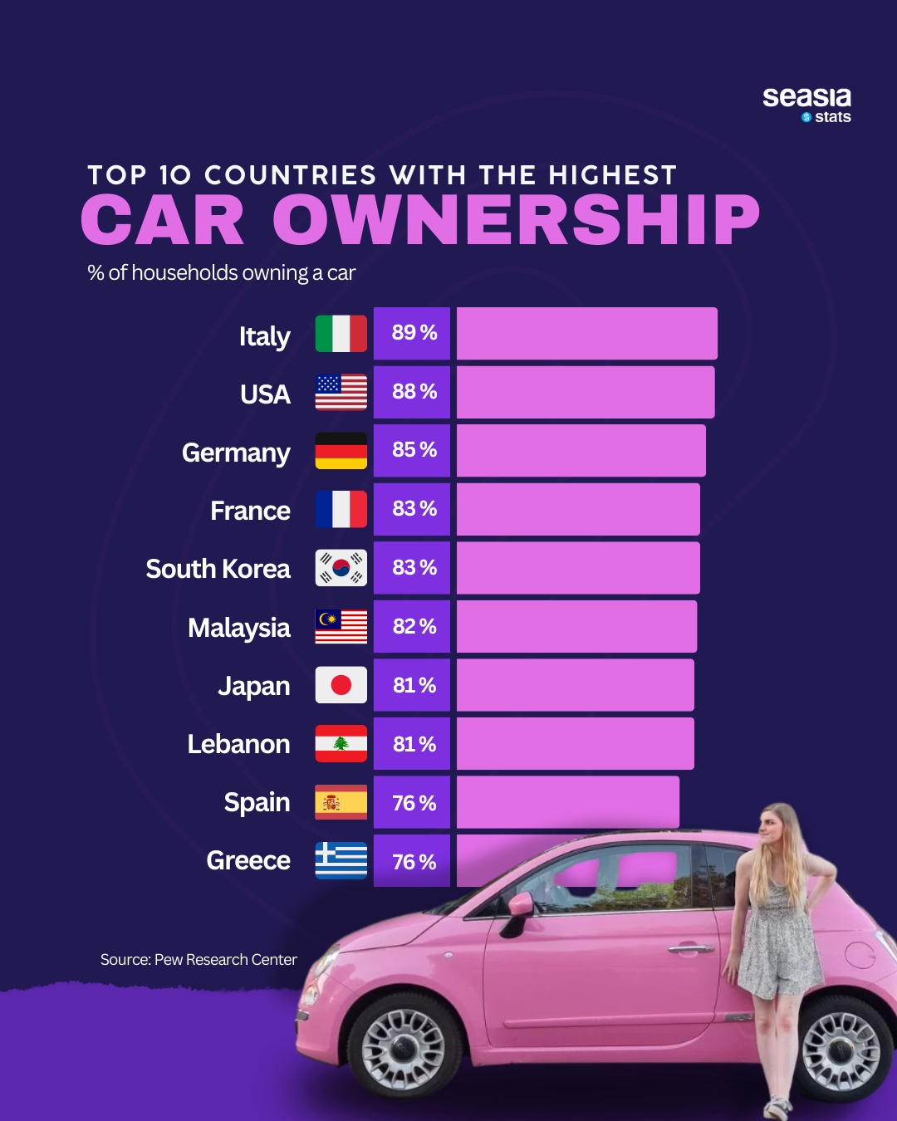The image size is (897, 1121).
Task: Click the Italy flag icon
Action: [x=341, y=334]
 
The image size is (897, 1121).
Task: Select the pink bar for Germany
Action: [x=581, y=451]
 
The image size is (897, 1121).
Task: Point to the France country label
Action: [x=250, y=511]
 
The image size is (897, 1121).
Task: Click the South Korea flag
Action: [x=341, y=568]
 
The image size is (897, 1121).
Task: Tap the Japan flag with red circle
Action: [x=341, y=685]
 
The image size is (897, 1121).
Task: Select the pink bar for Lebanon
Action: [x=575, y=744]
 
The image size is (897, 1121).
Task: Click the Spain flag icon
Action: [x=341, y=802]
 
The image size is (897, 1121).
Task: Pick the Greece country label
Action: [x=248, y=860]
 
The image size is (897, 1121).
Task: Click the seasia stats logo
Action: [x=806, y=105]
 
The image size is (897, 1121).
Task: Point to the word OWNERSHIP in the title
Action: [x=516, y=221]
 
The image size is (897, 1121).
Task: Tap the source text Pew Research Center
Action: [x=199, y=960]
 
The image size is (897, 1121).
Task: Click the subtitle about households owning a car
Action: [x=222, y=273]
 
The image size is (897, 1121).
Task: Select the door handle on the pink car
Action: [x=690, y=947]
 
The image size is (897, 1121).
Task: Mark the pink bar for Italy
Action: [x=586, y=334]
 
